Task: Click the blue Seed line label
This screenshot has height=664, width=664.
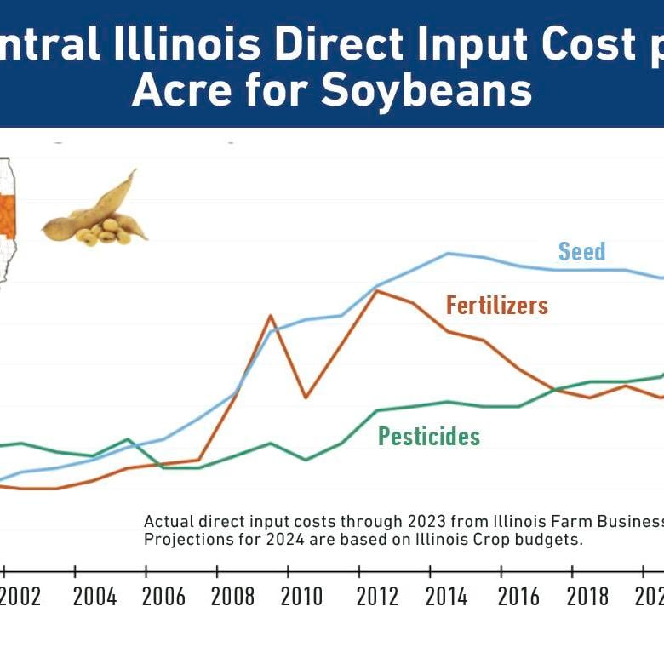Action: [x=582, y=251]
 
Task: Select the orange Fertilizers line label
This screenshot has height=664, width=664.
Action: [x=497, y=305]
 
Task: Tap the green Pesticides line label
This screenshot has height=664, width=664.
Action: [x=429, y=437]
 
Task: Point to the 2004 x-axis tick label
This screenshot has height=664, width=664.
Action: [x=94, y=596]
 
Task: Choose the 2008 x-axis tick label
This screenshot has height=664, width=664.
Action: [x=232, y=596]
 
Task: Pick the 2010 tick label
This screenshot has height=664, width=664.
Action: [x=301, y=596]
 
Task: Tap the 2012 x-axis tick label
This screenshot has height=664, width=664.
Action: [x=375, y=596]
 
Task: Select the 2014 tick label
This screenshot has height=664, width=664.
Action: [x=446, y=596]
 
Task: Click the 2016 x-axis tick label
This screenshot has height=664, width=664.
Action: [x=518, y=596]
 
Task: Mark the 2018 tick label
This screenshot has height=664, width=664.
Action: [x=587, y=596]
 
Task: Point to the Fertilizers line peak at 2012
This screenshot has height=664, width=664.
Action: [x=377, y=291]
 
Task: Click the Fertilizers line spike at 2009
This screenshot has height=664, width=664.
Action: [x=271, y=316]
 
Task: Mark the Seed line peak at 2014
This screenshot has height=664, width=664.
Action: [x=449, y=253]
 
